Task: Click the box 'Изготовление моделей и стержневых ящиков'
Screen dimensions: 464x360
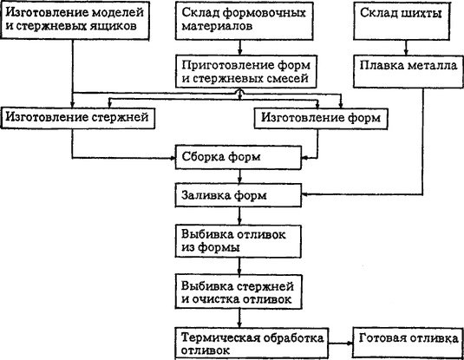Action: pyautogui.click(x=75, y=20)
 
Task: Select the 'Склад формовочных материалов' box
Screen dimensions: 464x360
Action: pyautogui.click(x=245, y=21)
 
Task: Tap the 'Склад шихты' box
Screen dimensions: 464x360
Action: pyautogui.click(x=402, y=21)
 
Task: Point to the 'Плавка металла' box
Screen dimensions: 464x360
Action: pyautogui.click(x=408, y=71)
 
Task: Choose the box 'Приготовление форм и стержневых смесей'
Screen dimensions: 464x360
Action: pyautogui.click(x=246, y=71)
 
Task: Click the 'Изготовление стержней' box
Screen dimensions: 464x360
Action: pyautogui.click(x=77, y=118)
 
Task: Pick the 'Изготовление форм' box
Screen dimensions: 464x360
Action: pyautogui.click(x=321, y=119)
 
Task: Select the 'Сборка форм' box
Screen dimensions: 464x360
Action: pyautogui.click(x=239, y=157)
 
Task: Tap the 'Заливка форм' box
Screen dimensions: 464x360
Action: pyautogui.click(x=239, y=195)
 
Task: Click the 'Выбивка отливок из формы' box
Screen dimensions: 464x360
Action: pyautogui.click(x=239, y=241)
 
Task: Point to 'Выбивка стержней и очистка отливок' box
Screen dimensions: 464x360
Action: pyautogui.click(x=239, y=292)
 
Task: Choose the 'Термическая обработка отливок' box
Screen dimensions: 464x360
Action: pyautogui.click(x=252, y=344)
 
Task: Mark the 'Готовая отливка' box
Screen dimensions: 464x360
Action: pyautogui.click(x=408, y=343)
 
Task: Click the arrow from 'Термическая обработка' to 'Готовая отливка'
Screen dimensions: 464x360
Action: pyautogui.click(x=341, y=344)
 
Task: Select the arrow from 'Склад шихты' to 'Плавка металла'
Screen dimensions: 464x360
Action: pyautogui.click(x=406, y=48)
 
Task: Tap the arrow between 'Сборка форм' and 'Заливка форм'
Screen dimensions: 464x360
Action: pyautogui.click(x=239, y=176)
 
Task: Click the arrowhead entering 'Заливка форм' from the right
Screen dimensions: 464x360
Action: pyautogui.click(x=304, y=194)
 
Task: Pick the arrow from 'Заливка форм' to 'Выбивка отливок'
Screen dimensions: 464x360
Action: pyautogui.click(x=239, y=216)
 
